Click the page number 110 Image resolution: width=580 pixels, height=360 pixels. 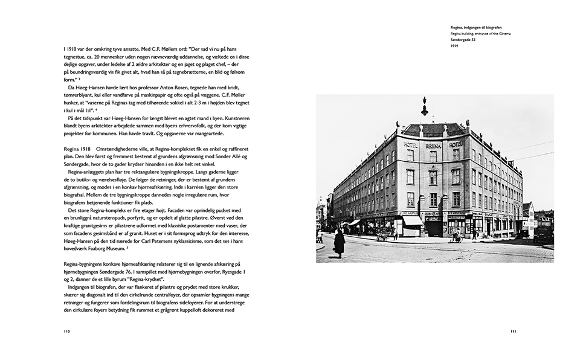click(67, 331)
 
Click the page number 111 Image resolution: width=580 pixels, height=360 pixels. click(513, 331)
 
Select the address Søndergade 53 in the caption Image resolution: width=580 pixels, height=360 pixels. click(463, 40)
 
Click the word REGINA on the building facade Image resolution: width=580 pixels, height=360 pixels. click(433, 146)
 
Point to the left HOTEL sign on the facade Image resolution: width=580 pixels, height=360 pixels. click(411, 145)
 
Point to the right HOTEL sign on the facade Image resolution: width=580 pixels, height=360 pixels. click(455, 144)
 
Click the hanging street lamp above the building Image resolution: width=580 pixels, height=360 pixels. click(425, 108)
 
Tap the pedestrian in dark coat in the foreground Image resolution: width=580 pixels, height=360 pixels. click(340, 242)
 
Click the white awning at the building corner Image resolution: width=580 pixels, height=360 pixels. click(412, 221)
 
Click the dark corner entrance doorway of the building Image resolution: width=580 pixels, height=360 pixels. click(433, 226)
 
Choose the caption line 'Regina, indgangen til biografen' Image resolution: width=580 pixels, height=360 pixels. click(476, 28)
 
